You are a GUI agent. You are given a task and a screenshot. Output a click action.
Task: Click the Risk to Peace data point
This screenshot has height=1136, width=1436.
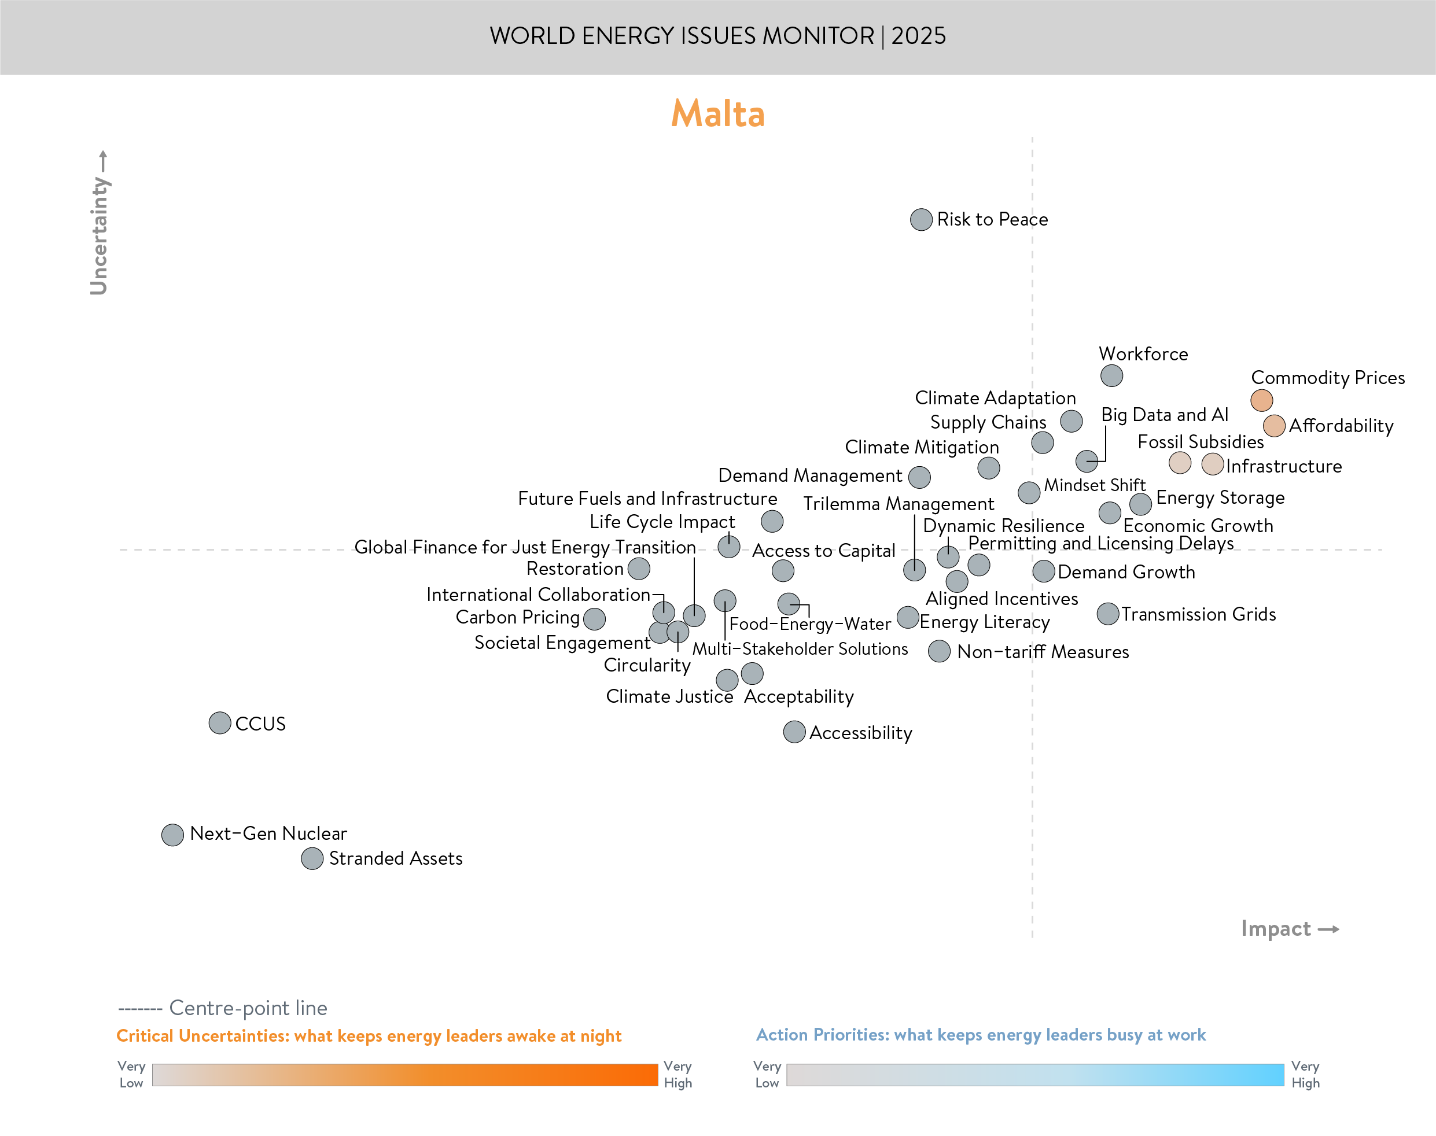click(x=920, y=219)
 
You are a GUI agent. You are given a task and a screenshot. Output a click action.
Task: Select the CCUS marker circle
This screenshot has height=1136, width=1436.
click(x=219, y=723)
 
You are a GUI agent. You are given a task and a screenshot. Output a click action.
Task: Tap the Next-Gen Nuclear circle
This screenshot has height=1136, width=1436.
click(x=172, y=834)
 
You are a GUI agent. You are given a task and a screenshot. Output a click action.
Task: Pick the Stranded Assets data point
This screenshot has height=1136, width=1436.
click(x=312, y=858)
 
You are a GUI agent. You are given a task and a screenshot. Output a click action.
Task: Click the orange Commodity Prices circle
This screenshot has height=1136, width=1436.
click(x=1261, y=400)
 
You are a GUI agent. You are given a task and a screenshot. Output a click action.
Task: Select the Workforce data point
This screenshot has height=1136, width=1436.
click(x=1111, y=376)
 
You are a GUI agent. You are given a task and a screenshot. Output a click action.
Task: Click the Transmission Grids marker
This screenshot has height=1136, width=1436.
click(x=1107, y=614)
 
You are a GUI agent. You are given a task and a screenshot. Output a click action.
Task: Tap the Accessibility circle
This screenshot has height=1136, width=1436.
click(x=794, y=732)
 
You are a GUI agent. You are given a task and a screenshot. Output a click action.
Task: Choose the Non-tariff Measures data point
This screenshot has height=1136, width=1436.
click(x=939, y=651)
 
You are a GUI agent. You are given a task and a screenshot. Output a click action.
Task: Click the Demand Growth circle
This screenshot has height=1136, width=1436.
click(x=1044, y=571)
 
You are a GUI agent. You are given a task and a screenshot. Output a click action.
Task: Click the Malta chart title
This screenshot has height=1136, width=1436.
click(x=717, y=114)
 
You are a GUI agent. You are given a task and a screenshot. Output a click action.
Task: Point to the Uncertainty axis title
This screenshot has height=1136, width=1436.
click(x=99, y=234)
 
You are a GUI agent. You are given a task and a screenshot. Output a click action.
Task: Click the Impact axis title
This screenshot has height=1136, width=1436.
click(x=1276, y=928)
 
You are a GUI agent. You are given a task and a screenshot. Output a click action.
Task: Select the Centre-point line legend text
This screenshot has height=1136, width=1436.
click(x=248, y=1008)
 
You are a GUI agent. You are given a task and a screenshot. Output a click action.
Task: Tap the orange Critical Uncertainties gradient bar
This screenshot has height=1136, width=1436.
click(x=404, y=1075)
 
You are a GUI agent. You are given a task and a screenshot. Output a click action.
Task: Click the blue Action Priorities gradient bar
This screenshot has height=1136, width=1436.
click(x=1034, y=1075)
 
